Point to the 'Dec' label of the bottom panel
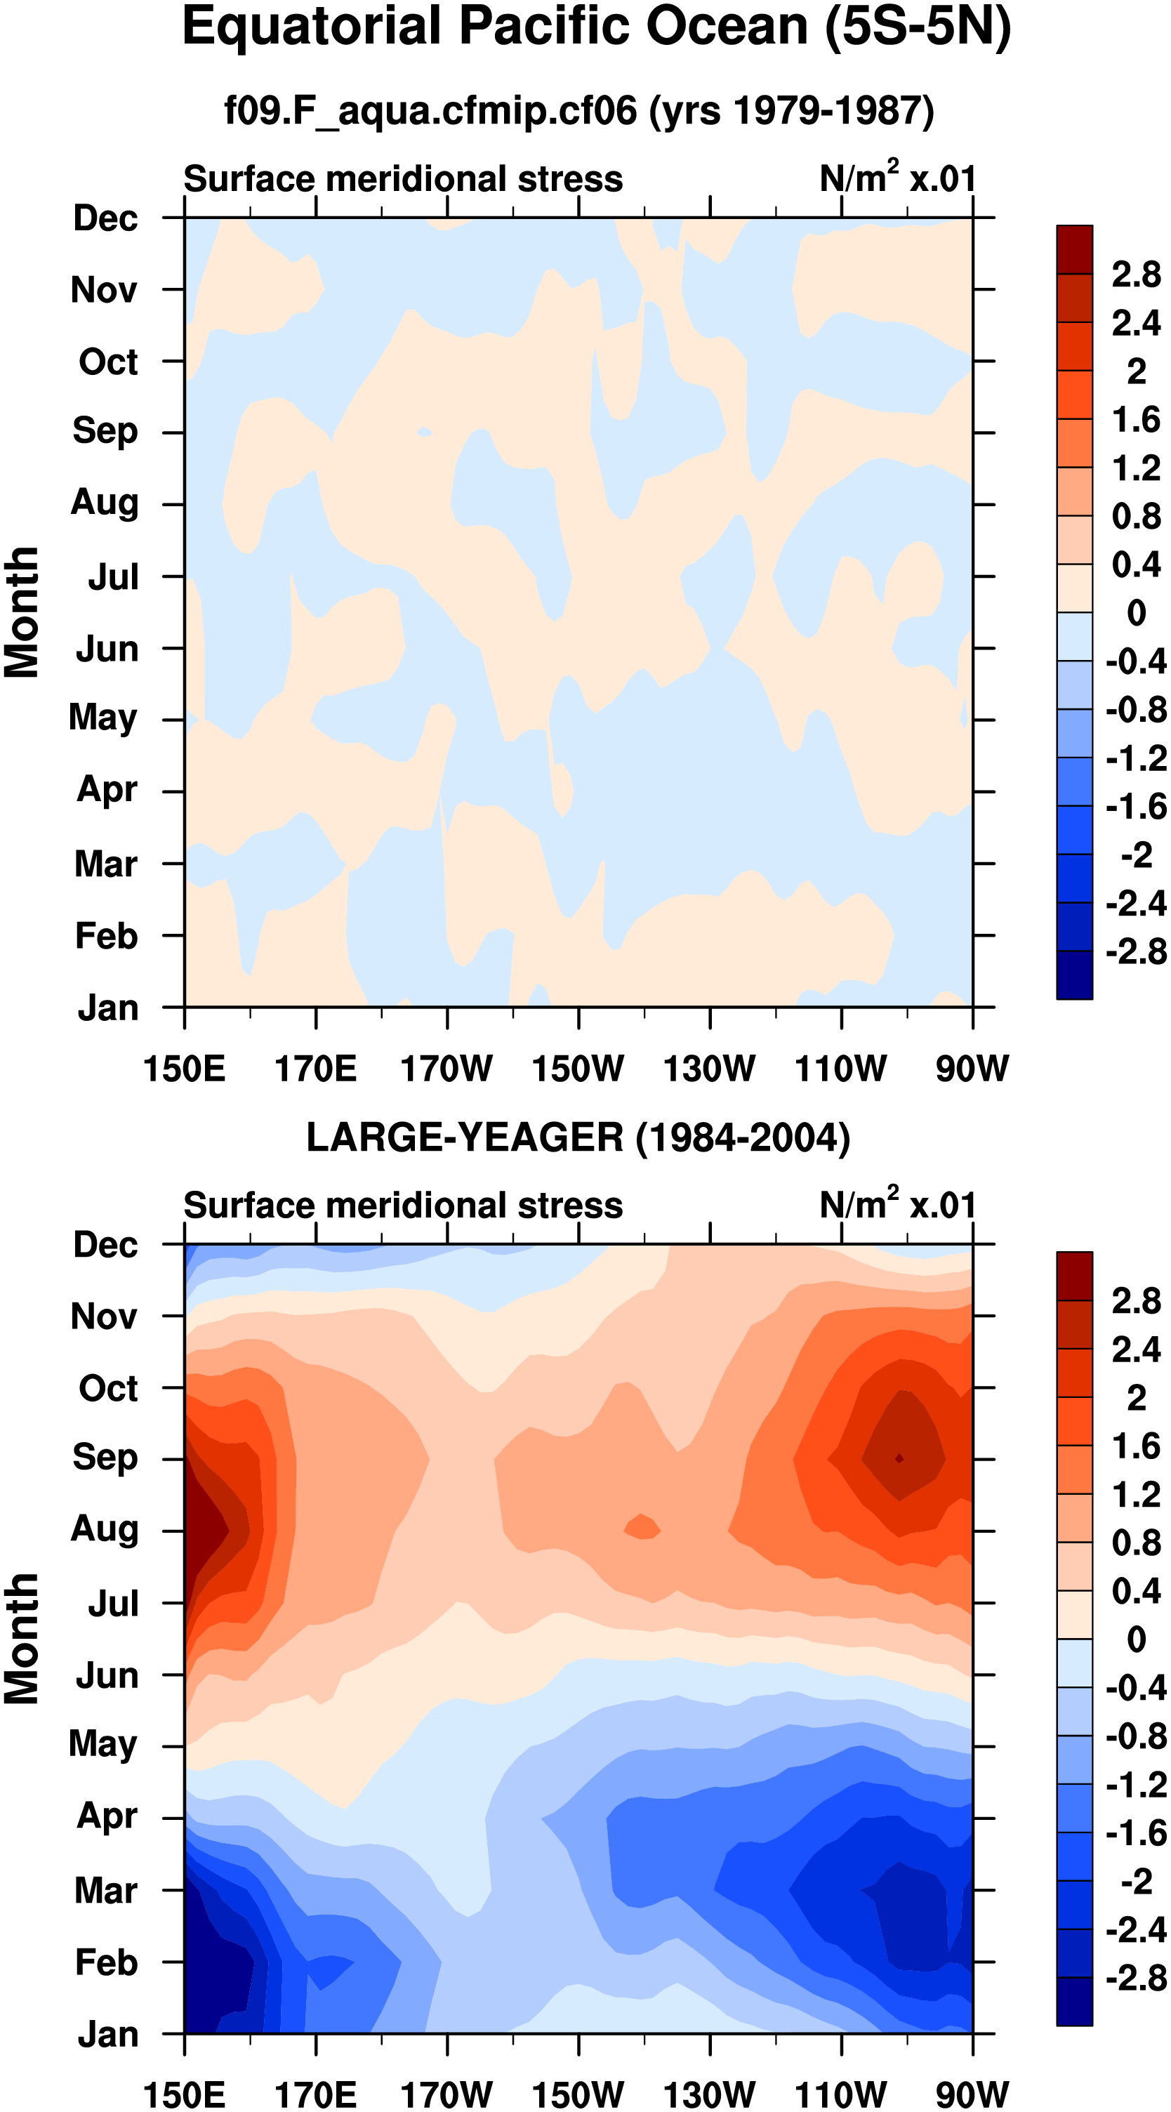point(105,1245)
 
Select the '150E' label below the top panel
point(184,1069)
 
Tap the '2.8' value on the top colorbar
point(1136,274)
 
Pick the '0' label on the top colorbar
point(1136,612)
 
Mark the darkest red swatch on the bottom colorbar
point(1074,1276)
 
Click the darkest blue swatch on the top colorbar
point(1074,975)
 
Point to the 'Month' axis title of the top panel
point(22,612)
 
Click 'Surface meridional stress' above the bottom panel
point(403,1206)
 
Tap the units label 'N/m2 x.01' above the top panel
point(897,178)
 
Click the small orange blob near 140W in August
point(642,1526)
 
